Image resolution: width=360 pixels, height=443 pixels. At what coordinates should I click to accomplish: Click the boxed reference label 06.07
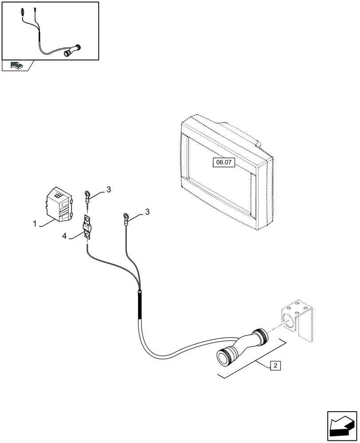224,163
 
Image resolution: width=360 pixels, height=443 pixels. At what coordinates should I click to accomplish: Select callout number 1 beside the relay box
35,224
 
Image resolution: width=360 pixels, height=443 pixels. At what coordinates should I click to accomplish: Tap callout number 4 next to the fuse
64,237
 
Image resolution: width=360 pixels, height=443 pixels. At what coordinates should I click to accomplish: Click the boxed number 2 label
275,365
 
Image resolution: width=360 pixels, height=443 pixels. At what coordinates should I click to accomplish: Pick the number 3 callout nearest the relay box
108,190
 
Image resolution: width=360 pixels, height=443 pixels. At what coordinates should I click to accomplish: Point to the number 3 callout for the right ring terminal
147,212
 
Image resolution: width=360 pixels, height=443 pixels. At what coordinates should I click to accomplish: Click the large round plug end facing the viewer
223,357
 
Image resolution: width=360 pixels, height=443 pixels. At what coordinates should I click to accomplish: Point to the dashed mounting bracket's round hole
287,321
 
